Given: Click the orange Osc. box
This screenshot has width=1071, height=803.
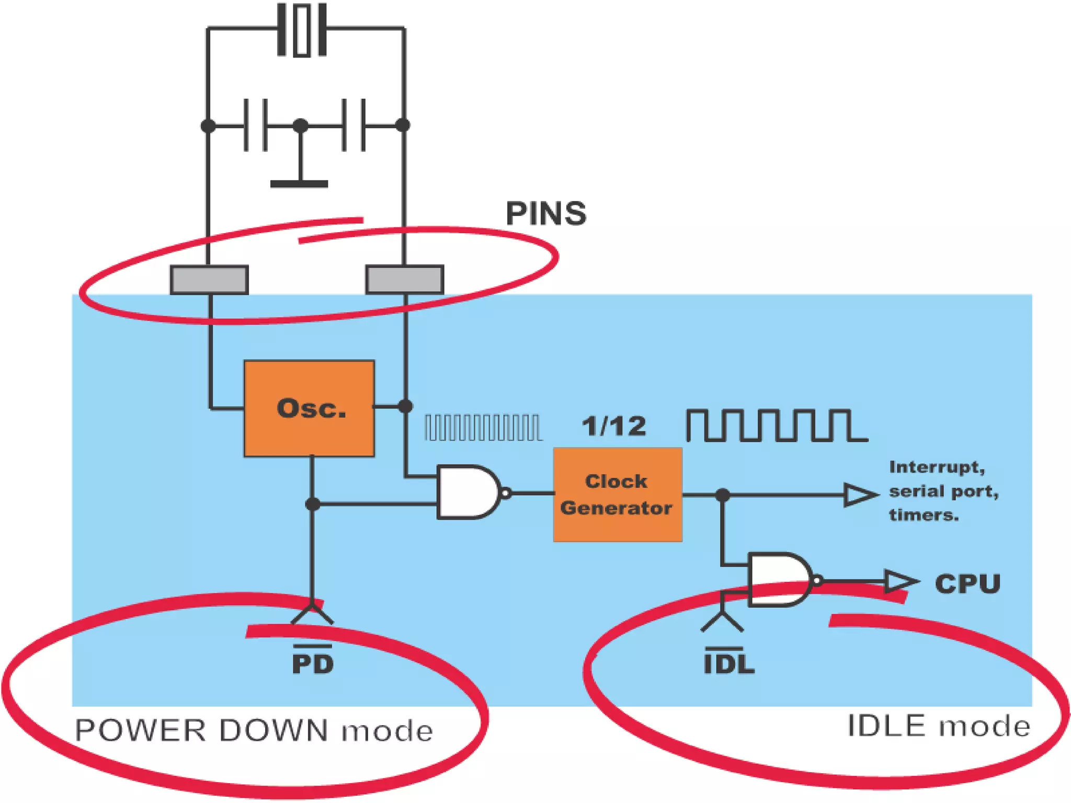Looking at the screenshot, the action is (x=309, y=408).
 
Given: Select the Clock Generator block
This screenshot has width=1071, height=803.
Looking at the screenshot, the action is (x=618, y=495).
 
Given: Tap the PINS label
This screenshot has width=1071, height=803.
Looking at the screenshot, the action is (x=546, y=213).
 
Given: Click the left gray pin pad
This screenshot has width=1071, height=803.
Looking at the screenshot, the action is (x=209, y=280).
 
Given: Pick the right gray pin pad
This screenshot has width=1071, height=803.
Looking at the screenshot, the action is (x=405, y=280).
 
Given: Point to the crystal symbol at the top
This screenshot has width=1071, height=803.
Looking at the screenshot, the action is (x=302, y=30).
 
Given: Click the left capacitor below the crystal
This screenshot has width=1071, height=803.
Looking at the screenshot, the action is (x=256, y=125).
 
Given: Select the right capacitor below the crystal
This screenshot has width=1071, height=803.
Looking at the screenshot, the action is (x=354, y=125).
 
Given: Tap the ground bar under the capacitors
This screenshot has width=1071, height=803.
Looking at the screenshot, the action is (x=299, y=184).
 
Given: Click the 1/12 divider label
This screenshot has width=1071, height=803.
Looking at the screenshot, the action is (x=614, y=426).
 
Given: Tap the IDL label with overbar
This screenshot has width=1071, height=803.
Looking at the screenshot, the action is (x=729, y=660).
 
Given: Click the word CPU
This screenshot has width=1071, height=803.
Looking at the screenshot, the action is (x=968, y=584).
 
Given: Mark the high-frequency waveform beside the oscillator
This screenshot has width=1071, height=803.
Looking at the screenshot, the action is (x=483, y=428).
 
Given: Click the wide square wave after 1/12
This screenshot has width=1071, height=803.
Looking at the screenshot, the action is (x=777, y=426).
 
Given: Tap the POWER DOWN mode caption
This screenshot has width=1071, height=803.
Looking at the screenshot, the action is (x=254, y=731).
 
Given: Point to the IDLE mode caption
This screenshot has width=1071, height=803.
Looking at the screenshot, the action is (x=939, y=726).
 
